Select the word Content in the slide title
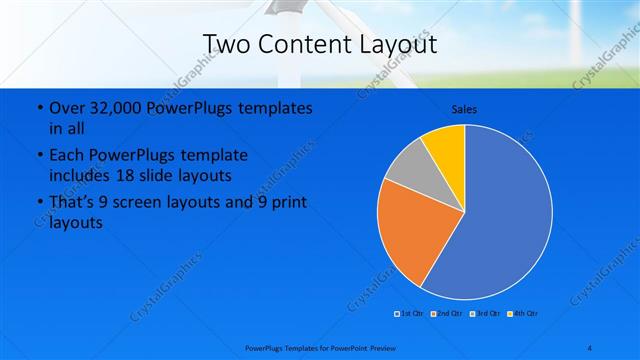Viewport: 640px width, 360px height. pyautogui.click(x=299, y=44)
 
